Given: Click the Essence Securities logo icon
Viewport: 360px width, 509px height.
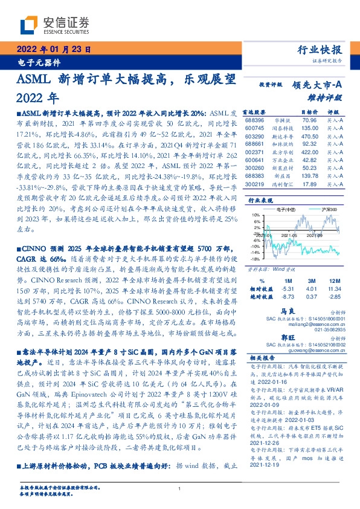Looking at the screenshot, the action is [30, 25].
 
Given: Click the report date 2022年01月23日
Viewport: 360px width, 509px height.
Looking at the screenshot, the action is [54, 50].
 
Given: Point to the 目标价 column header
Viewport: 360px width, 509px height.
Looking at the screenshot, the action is [309, 112].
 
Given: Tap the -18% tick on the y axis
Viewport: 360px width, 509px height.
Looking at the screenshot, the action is [256, 259].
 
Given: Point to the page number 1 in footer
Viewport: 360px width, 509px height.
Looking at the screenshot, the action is [180, 489].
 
